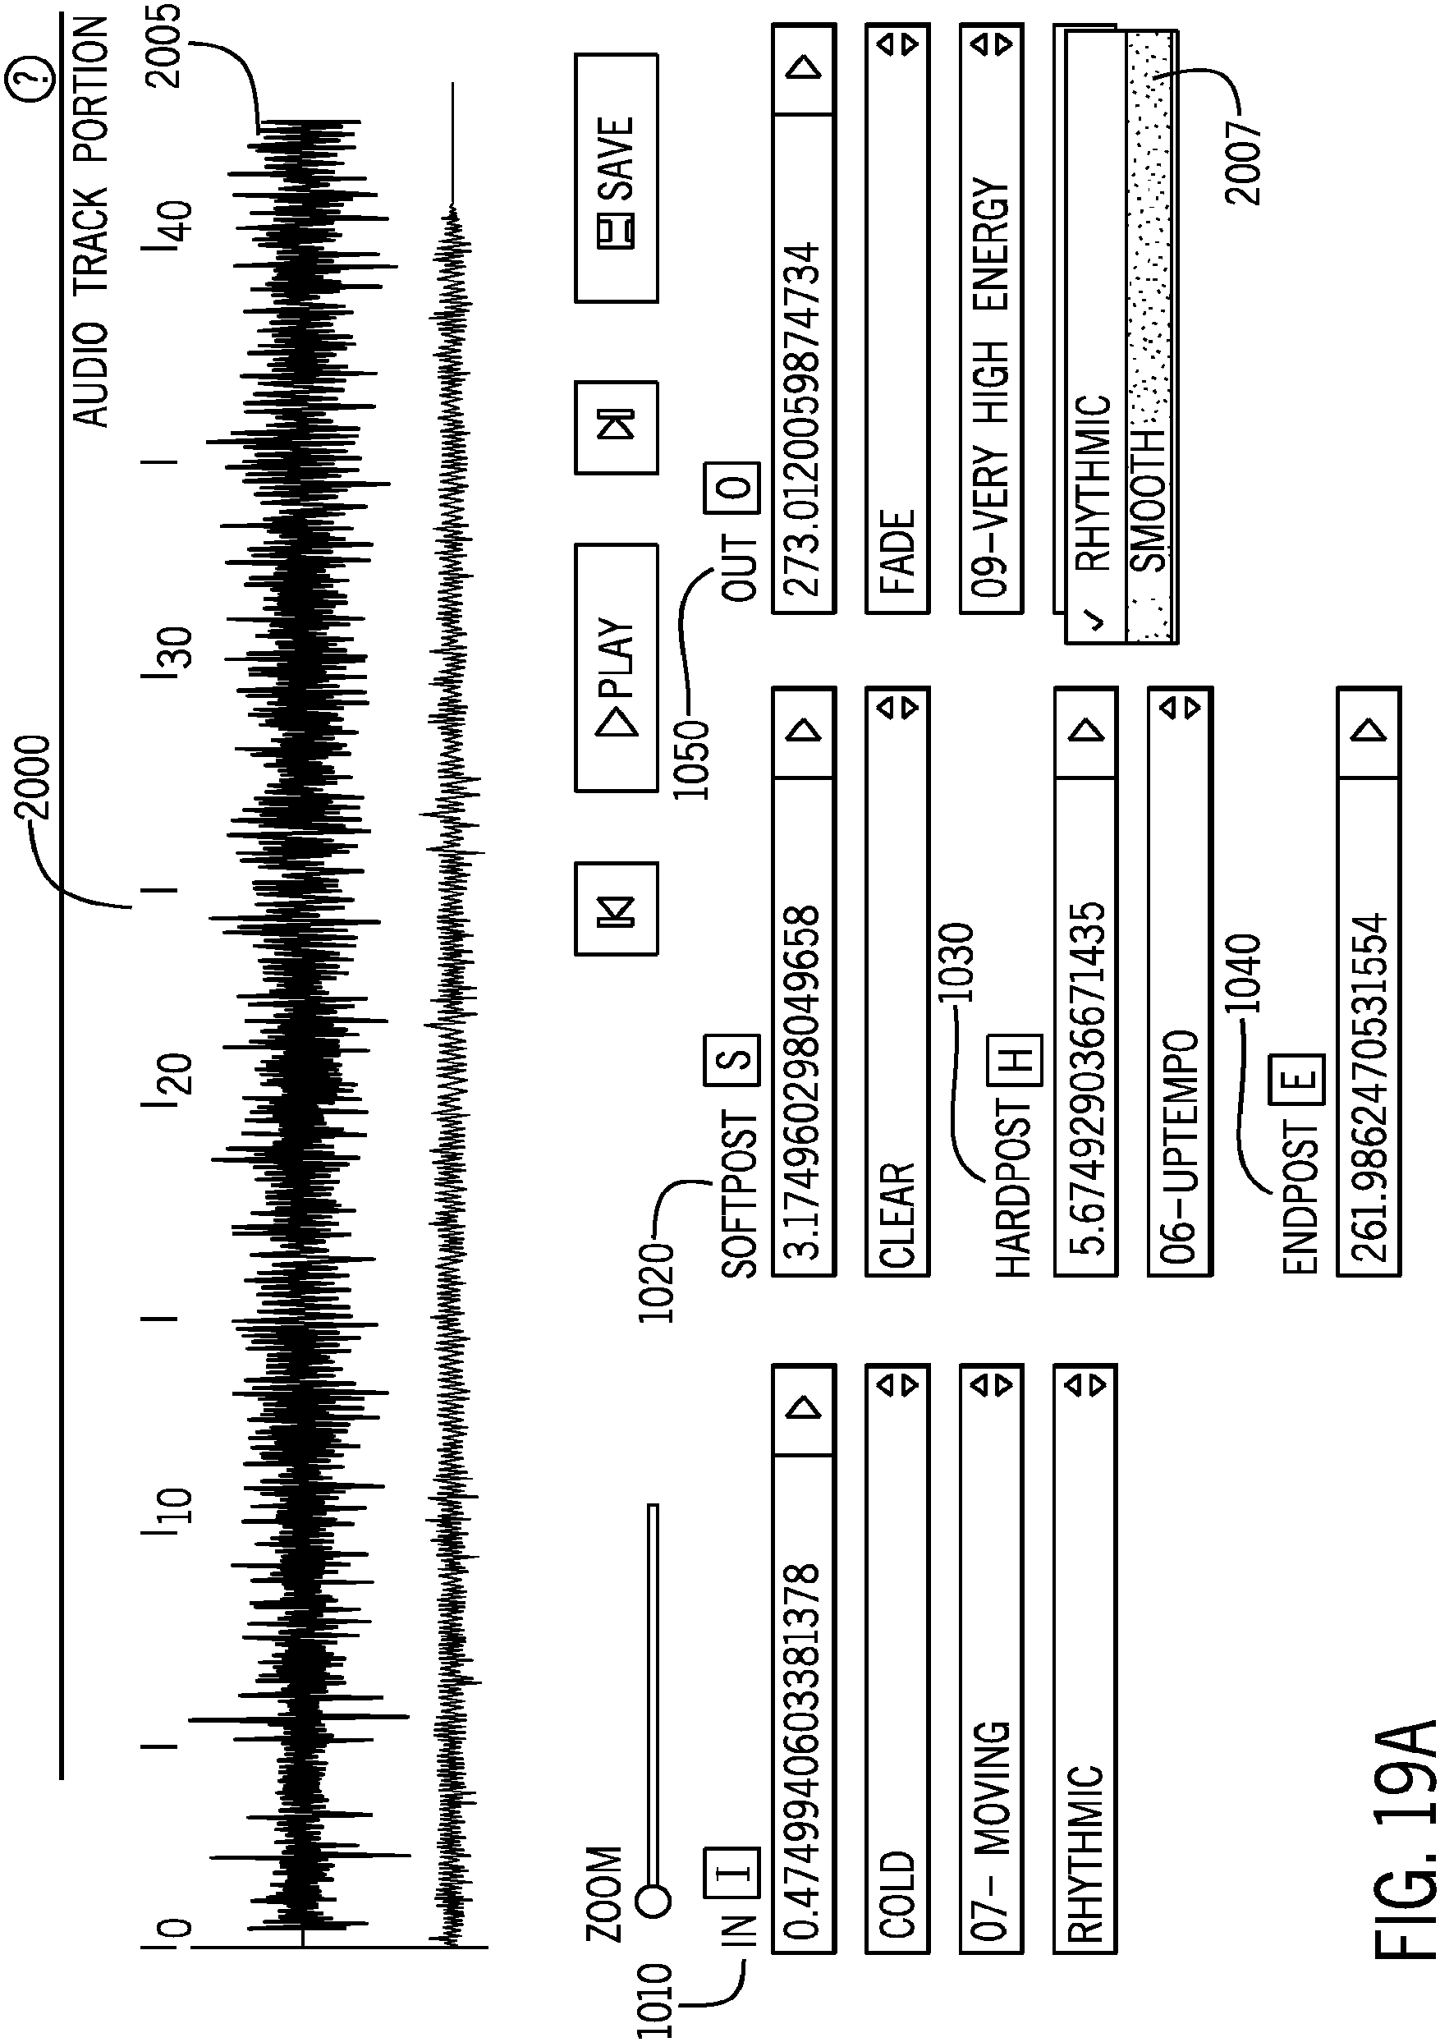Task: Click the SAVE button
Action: (x=616, y=178)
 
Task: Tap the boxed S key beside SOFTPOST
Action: (x=733, y=1059)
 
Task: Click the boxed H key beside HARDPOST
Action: (x=1015, y=1059)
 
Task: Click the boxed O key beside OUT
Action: (x=733, y=489)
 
